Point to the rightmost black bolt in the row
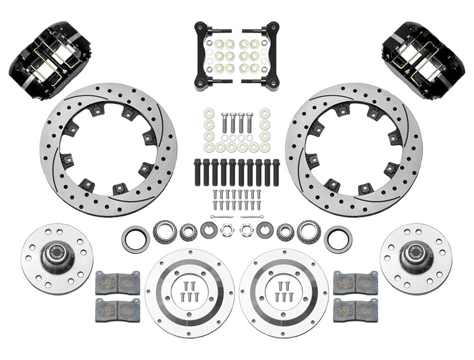click(x=276, y=171)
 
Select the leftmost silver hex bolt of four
click(x=224, y=122)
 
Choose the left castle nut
click(x=228, y=231)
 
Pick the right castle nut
click(x=246, y=231)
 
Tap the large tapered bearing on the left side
click(x=164, y=232)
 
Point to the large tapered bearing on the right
click(x=309, y=232)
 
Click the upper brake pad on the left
click(x=118, y=282)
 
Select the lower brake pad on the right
click(x=355, y=310)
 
